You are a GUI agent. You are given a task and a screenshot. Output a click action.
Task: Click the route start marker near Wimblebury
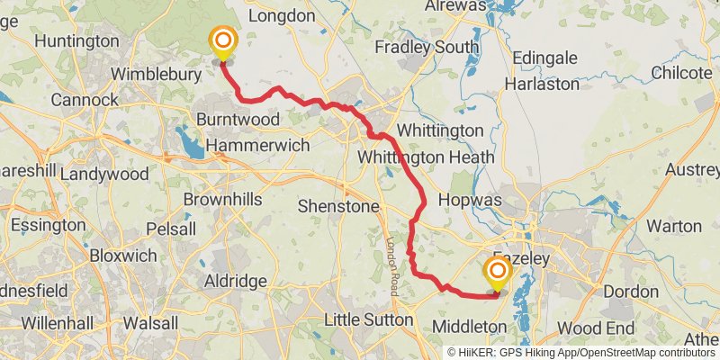pos(221,41)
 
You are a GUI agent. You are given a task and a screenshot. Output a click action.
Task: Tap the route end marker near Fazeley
pos(496,271)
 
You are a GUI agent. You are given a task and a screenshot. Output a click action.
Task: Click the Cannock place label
pos(84,99)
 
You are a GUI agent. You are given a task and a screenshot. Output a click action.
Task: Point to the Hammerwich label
pos(257,145)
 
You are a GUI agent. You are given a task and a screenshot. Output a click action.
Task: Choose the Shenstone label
pos(338,206)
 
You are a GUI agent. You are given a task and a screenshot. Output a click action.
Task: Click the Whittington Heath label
pos(426,157)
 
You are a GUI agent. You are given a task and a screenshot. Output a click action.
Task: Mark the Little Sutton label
pos(366,319)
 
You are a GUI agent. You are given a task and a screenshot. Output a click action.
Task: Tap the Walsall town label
pos(149,321)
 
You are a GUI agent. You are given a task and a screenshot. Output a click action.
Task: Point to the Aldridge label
pos(235,282)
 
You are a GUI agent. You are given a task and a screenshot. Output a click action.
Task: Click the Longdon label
pos(280,15)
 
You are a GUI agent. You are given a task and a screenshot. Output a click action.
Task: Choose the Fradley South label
pos(427,47)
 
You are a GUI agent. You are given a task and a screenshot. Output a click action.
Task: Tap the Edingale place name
pos(544,58)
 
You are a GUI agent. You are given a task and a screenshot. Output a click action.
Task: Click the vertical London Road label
pos(392,267)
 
